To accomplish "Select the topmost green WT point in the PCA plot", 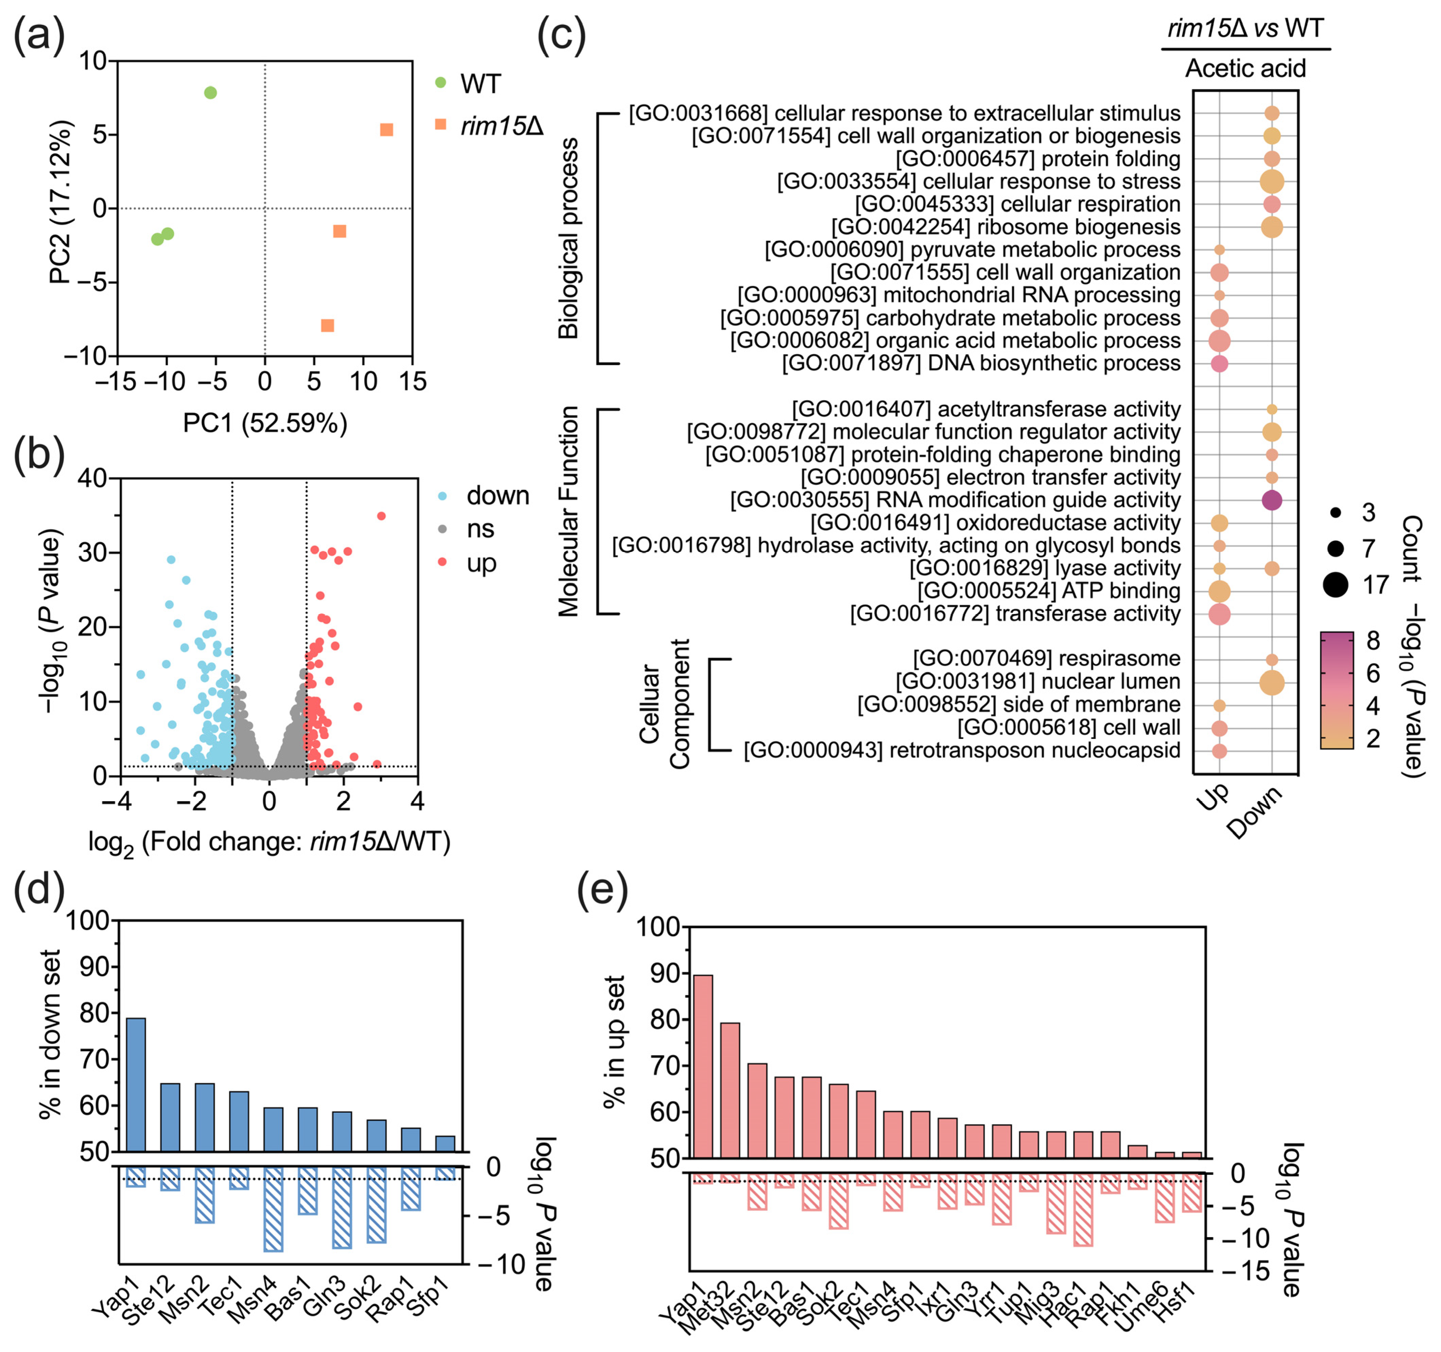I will pos(210,93).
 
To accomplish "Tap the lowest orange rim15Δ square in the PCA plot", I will pos(328,325).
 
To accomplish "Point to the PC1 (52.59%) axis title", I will pos(265,423).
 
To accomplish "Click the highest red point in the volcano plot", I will pos(381,516).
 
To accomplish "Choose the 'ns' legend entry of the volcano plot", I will pos(480,529).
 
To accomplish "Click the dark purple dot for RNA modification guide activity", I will pos(1271,500).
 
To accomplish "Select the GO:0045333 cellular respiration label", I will pos(1018,204).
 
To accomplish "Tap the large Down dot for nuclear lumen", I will pos(1271,682).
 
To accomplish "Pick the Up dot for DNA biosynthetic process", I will pos(1219,364).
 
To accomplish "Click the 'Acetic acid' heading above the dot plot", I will pos(1245,69).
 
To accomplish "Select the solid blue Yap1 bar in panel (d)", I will pos(136,1084).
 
